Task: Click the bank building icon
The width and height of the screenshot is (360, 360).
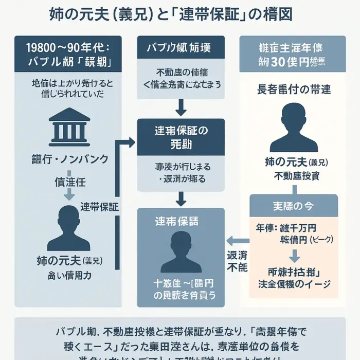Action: click(x=68, y=125)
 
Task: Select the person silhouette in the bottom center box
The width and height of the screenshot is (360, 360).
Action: click(x=181, y=251)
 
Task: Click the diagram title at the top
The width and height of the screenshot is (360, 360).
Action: click(x=171, y=14)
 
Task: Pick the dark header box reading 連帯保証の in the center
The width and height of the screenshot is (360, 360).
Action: click(x=181, y=137)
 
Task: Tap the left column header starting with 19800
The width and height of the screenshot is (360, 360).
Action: click(x=68, y=53)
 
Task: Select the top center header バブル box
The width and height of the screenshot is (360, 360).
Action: click(x=181, y=48)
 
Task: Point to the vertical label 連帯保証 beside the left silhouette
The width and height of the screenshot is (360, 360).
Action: click(x=99, y=208)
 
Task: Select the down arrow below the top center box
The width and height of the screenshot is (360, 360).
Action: click(x=181, y=107)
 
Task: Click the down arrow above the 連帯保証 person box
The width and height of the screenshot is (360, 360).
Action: click(x=181, y=198)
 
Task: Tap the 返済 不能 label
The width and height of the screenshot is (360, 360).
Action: click(x=237, y=261)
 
